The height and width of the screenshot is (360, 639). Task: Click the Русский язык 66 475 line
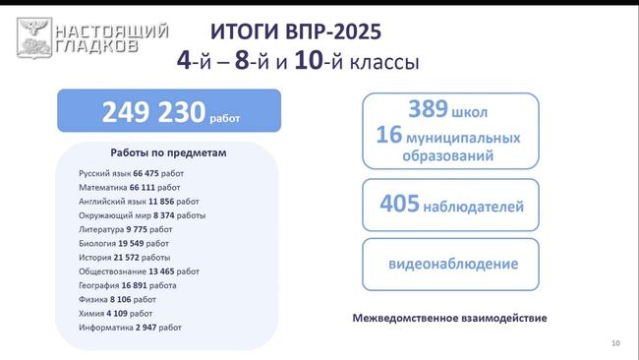[132, 173]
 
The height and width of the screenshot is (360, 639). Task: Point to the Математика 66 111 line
[130, 187]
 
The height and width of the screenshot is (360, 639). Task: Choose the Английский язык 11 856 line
[139, 201]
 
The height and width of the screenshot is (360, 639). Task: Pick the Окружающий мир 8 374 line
[143, 214]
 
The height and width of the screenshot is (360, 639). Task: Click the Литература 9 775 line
[126, 229]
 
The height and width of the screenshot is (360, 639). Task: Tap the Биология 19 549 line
[124, 243]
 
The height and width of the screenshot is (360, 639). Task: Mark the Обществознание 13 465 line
[140, 270]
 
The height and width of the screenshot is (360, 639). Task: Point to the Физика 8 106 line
[118, 298]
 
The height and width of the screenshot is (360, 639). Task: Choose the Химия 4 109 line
[116, 313]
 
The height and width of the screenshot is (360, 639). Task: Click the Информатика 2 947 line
[131, 327]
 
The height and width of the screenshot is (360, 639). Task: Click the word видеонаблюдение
[453, 265]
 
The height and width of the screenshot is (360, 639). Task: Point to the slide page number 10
[615, 342]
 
